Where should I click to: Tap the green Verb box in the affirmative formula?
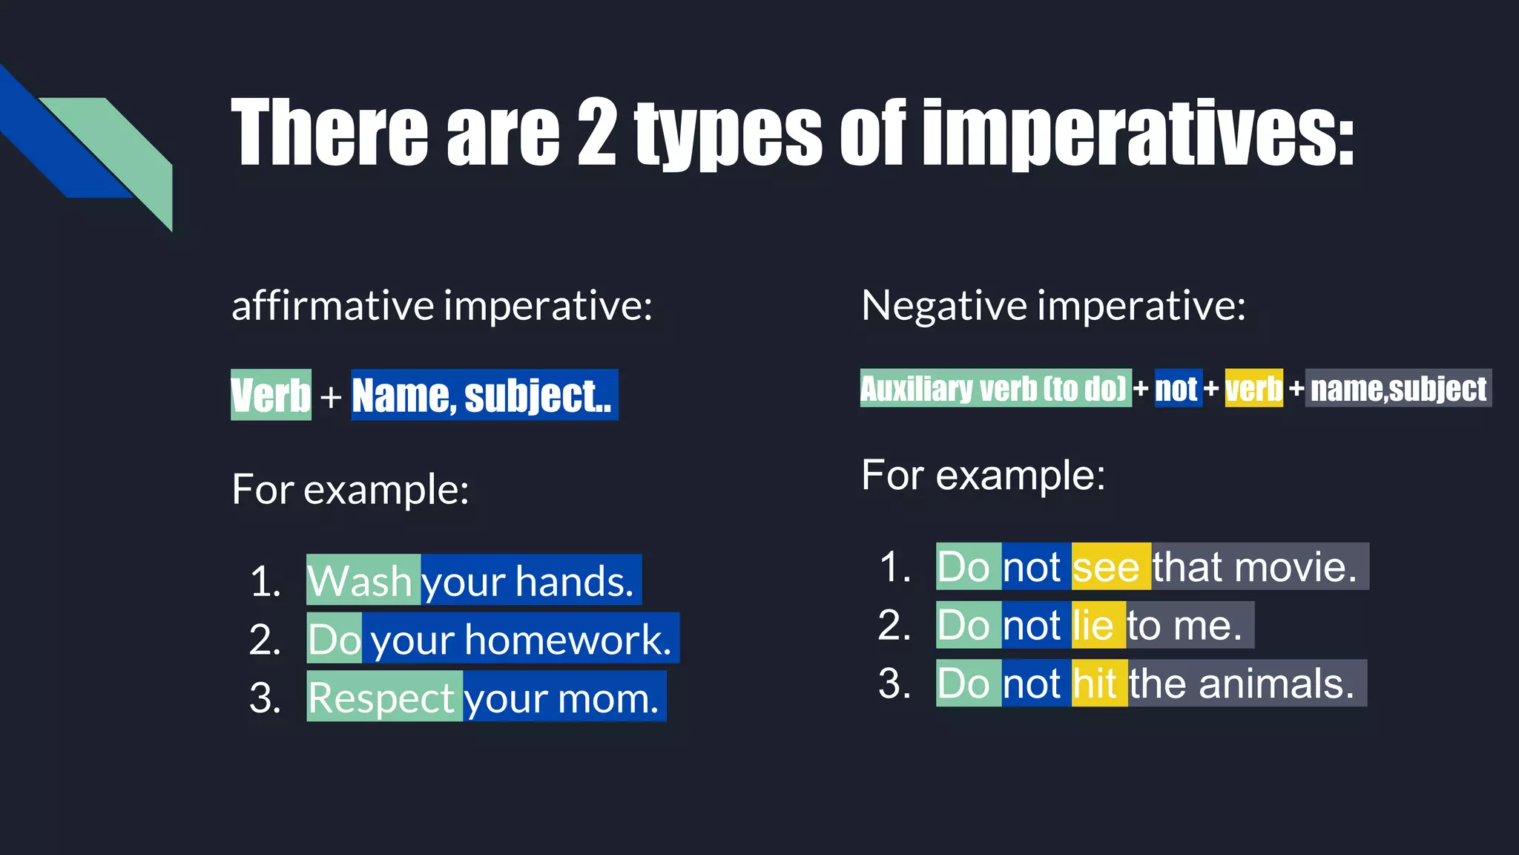pos(271,395)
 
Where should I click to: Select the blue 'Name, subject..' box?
pos(484,395)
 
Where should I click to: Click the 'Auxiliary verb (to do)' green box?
pos(995,388)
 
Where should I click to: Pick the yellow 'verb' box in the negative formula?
pos(1253,388)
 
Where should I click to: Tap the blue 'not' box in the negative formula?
pos(1177,388)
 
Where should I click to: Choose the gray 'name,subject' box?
pos(1398,388)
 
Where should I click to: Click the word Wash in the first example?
pos(360,580)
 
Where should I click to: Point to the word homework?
pos(568,639)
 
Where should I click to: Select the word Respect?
pos(382,698)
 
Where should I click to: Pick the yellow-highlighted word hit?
pos(1095,684)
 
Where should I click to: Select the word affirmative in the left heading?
pos(333,305)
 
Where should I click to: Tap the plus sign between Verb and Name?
pos(331,397)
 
